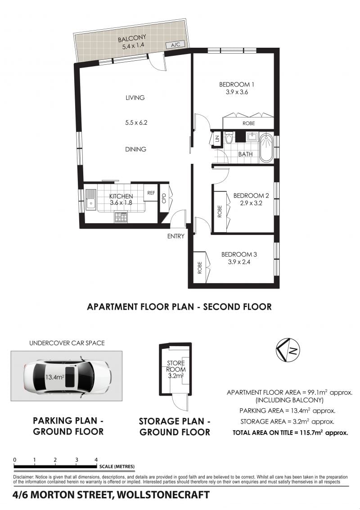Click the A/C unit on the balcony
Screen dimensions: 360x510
pyautogui.click(x=175, y=45)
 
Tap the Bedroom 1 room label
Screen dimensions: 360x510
pyautogui.click(x=236, y=84)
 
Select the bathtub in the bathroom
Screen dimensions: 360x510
pyautogui.click(x=266, y=148)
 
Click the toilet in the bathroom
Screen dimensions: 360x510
pyautogui.click(x=229, y=138)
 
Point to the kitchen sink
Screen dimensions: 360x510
pyautogui.click(x=90, y=199)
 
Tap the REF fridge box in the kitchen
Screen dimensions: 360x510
pyautogui.click(x=151, y=193)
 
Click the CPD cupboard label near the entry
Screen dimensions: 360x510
pyautogui.click(x=164, y=198)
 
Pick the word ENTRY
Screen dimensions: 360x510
pyautogui.click(x=175, y=236)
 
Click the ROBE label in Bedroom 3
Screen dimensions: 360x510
pyautogui.click(x=200, y=267)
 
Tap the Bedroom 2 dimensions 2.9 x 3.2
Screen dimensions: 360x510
pyautogui.click(x=251, y=203)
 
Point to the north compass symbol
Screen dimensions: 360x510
pyautogui.click(x=288, y=350)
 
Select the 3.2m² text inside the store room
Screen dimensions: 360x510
pyautogui.click(x=176, y=376)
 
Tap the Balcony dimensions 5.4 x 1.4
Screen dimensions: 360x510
pyautogui.click(x=133, y=46)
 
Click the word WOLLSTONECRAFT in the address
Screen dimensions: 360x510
pyautogui.click(x=163, y=495)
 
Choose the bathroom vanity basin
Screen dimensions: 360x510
pyautogui.click(x=251, y=136)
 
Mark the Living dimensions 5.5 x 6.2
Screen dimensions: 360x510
pyautogui.click(x=136, y=122)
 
